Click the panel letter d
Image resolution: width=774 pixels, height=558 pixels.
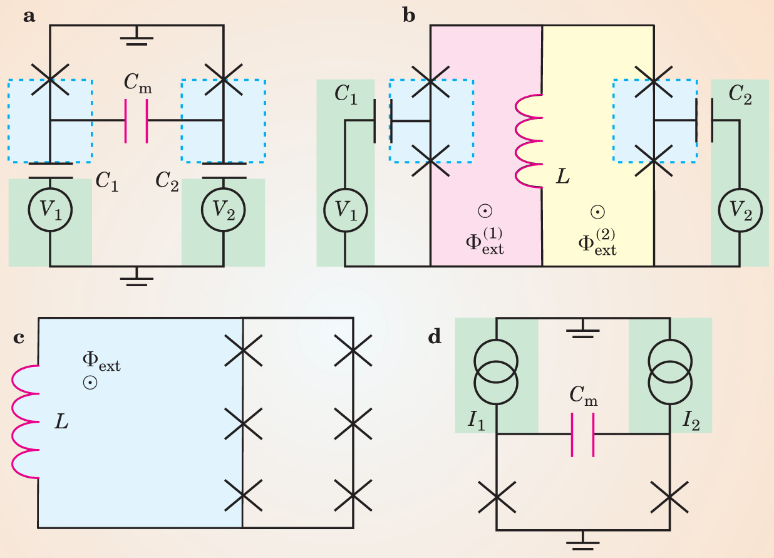click(x=435, y=337)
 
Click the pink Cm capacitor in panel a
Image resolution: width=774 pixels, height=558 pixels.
click(x=136, y=120)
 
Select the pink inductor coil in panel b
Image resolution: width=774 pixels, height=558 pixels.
click(x=528, y=142)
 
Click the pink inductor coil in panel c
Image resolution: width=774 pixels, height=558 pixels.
click(x=26, y=421)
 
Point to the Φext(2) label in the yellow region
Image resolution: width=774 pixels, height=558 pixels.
click(x=597, y=241)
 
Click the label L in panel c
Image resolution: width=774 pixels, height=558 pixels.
click(x=61, y=422)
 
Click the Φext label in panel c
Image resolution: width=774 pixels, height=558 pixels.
click(x=101, y=361)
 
